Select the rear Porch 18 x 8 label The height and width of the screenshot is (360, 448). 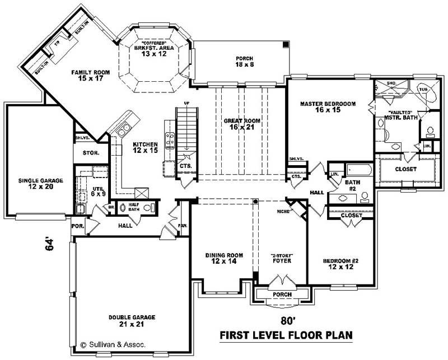pyautogui.click(x=245, y=62)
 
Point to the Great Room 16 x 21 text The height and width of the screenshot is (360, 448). pyautogui.click(x=241, y=124)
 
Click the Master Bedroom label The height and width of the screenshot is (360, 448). pyautogui.click(x=328, y=107)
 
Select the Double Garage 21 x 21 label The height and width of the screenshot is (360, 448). pyautogui.click(x=132, y=321)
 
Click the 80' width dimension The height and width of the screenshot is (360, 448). pyautogui.click(x=287, y=321)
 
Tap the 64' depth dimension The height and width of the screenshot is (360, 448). pyautogui.click(x=50, y=245)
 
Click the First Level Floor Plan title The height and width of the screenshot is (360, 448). pyautogui.click(x=286, y=335)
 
